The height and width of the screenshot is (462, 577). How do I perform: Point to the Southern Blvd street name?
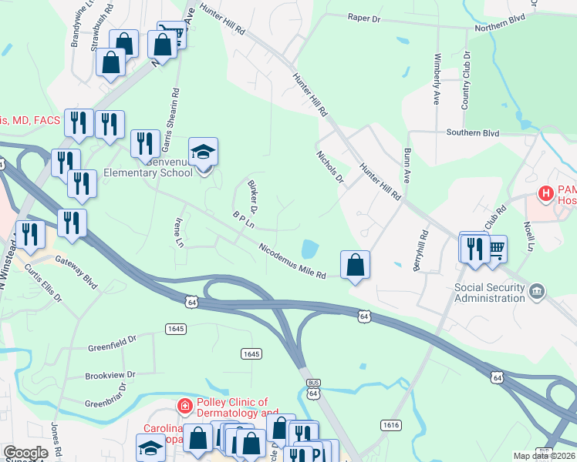[x=473, y=132]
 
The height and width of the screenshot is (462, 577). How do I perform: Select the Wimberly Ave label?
[x=437, y=79]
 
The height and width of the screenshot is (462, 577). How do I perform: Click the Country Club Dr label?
[x=466, y=81]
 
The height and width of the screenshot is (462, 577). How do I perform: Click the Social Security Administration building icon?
[x=538, y=291]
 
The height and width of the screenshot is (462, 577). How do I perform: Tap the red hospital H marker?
[x=547, y=192]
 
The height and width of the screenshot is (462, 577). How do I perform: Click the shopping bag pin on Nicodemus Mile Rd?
[x=355, y=265]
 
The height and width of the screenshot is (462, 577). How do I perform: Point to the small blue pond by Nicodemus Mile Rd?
[x=309, y=249]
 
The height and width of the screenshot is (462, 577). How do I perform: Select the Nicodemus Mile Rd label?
[x=292, y=262]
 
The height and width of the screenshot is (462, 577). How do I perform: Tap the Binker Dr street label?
[x=252, y=196]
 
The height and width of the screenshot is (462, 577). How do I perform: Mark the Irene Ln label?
[x=180, y=232]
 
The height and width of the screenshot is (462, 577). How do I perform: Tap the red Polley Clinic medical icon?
[x=184, y=405]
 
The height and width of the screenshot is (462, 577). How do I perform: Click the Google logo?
[x=25, y=452]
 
